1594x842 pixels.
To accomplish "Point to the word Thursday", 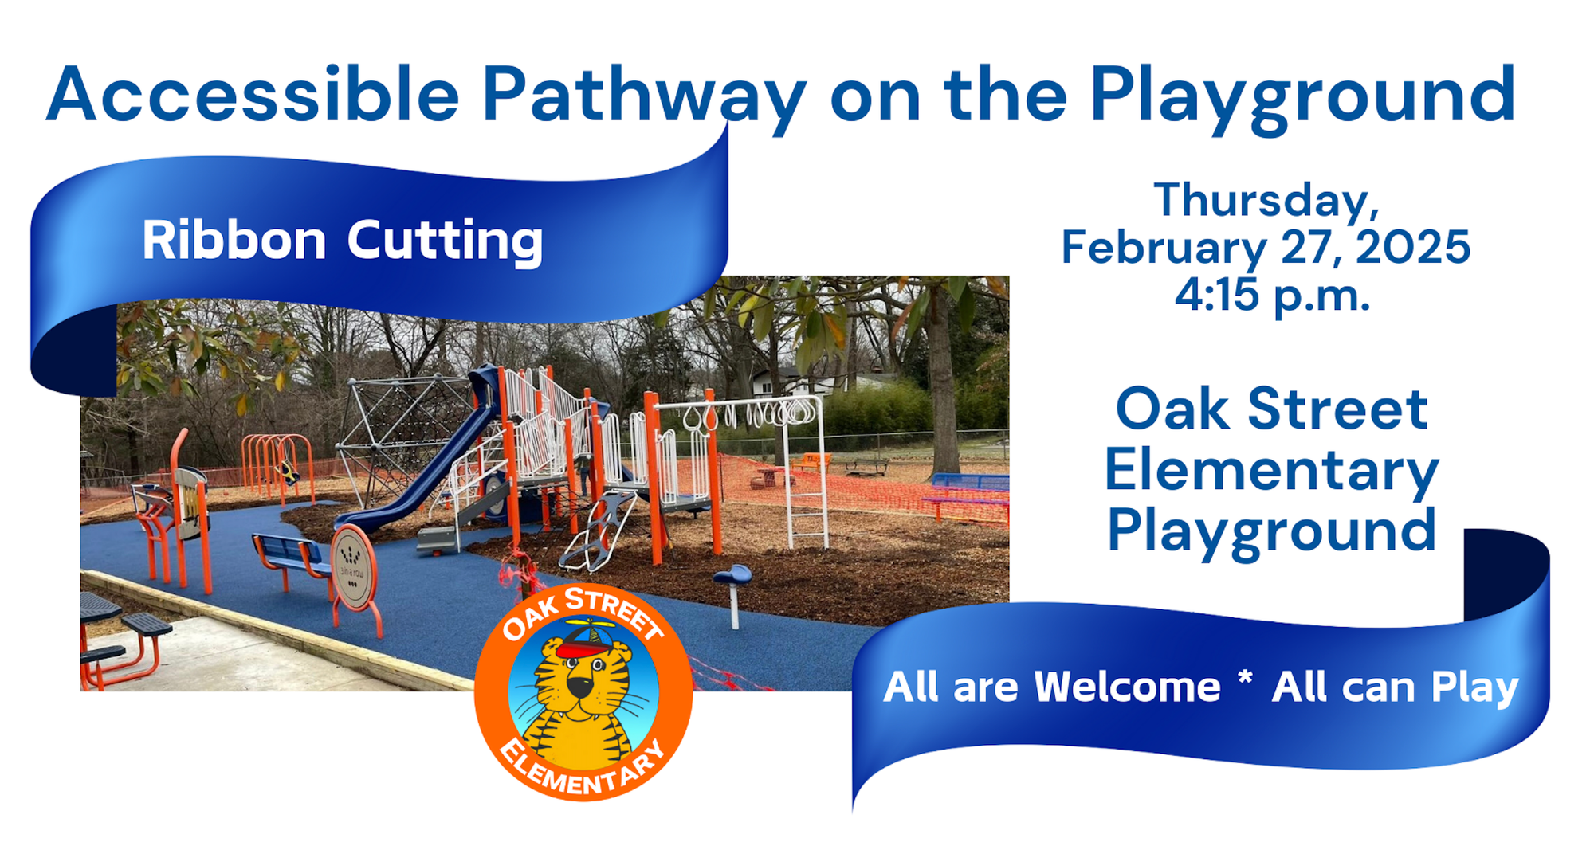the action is (x=1266, y=201).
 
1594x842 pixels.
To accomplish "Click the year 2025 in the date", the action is (x=1412, y=247).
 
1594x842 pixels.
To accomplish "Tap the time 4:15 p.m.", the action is (x=1272, y=295).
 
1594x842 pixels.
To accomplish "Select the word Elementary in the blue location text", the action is (x=1271, y=472).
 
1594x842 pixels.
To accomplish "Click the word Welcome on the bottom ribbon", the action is (x=1127, y=687).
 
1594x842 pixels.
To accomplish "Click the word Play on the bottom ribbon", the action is (x=1474, y=688).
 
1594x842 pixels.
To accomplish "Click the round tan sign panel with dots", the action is (x=352, y=564).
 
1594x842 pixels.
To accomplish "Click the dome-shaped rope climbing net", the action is (x=406, y=430).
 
